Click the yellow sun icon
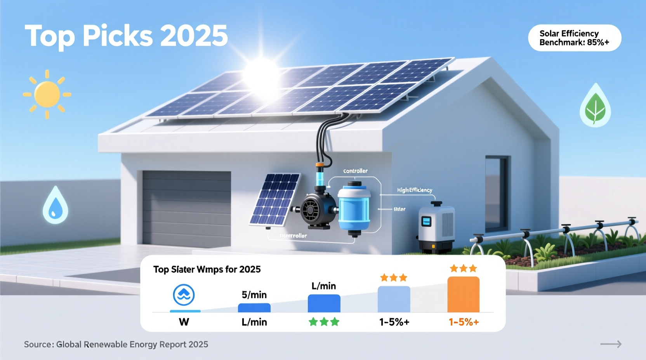[47, 94]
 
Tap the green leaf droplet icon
[595, 107]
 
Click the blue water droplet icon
[55, 206]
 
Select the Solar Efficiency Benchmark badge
[575, 38]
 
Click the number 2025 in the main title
[194, 36]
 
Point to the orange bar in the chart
[463, 294]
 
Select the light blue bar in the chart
[394, 299]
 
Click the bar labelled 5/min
[254, 308]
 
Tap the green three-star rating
[324, 322]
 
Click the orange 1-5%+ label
[464, 322]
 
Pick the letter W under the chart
[184, 322]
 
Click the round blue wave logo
[184, 295]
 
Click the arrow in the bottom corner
[611, 344]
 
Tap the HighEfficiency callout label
[414, 190]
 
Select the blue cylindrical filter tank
[354, 209]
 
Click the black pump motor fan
[311, 211]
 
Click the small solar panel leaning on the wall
[275, 199]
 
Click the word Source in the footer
[38, 344]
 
